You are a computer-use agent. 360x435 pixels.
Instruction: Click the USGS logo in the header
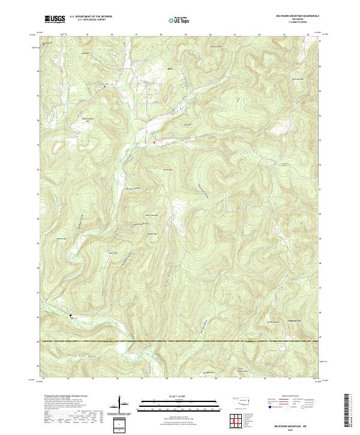click(55, 19)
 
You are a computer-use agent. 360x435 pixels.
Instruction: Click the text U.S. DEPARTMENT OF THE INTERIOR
click(91, 16)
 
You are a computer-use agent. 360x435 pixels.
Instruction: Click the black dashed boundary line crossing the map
click(180, 342)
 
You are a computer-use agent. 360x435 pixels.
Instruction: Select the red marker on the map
click(154, 142)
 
